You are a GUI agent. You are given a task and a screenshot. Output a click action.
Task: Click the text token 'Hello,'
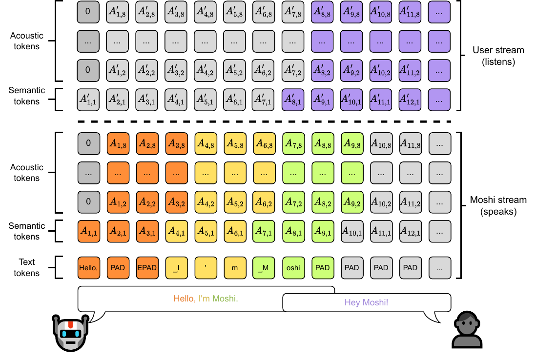(x=88, y=268)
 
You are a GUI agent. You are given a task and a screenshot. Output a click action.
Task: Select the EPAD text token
(x=147, y=268)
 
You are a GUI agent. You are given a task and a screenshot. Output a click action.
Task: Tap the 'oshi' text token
(x=293, y=268)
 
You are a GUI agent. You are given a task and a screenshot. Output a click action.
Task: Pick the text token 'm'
(x=235, y=268)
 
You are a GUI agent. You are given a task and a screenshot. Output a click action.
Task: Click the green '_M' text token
(x=264, y=268)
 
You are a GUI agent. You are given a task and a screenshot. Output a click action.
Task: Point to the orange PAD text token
(x=118, y=268)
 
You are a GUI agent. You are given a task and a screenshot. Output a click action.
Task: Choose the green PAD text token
(x=323, y=268)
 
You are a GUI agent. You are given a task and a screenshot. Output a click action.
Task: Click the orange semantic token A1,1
(x=88, y=231)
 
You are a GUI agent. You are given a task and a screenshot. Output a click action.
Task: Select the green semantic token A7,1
(x=264, y=231)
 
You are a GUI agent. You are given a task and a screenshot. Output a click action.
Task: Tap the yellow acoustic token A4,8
(x=206, y=143)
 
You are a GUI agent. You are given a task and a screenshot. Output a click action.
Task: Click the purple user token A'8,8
(x=322, y=12)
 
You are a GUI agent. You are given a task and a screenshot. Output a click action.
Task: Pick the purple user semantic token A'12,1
(x=410, y=100)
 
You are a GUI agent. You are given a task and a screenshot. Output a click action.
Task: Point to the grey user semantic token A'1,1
(x=88, y=100)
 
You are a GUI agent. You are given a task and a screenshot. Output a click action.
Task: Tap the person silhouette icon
(x=467, y=330)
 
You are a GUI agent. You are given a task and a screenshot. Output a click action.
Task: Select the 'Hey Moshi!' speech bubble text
(x=366, y=302)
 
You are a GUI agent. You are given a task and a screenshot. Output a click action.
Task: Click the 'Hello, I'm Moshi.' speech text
(x=206, y=299)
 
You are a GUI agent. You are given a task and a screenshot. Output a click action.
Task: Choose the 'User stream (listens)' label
(x=498, y=56)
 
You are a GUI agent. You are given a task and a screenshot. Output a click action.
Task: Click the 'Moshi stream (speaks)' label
(x=498, y=206)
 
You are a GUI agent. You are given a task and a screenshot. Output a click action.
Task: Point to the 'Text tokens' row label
(x=27, y=267)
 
